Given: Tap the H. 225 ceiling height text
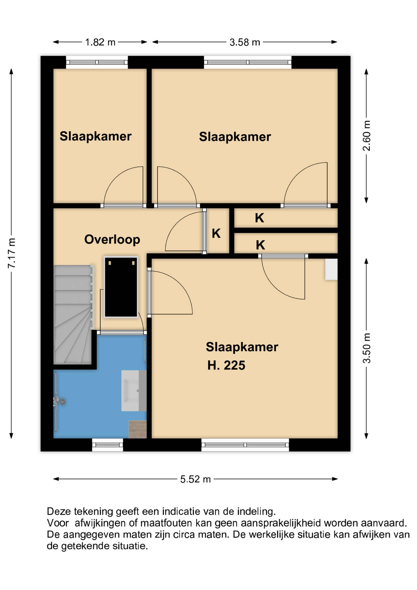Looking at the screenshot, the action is click(226, 365).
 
